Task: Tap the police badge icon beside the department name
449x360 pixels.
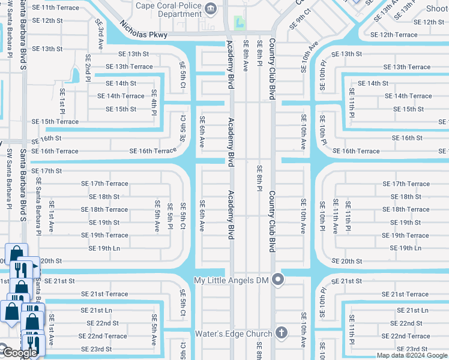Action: pos(211,8)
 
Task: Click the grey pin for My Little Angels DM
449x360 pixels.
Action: pos(277,280)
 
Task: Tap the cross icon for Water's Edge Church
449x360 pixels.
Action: pos(280,334)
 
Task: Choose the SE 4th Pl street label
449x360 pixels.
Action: pos(154,101)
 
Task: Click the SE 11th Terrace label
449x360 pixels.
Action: pos(55,7)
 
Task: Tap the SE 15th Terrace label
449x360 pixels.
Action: pos(55,122)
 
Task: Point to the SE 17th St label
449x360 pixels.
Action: pos(47,171)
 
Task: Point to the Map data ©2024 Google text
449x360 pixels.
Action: pos(411,355)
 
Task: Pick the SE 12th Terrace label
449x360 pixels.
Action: pos(394,35)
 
